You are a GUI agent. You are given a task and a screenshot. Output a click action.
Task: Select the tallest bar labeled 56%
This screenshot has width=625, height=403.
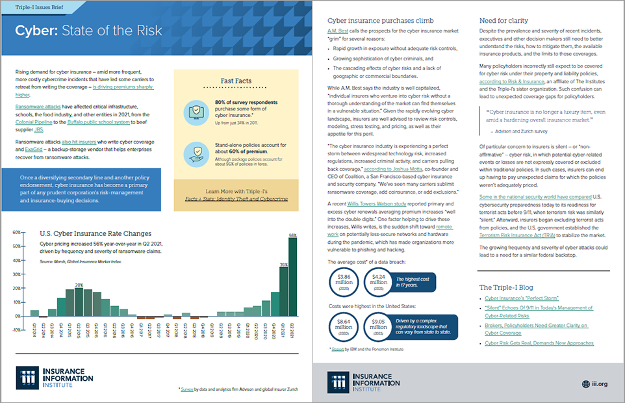[293, 276]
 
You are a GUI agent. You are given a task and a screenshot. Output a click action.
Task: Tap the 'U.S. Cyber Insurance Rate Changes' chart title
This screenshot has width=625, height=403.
[96, 233]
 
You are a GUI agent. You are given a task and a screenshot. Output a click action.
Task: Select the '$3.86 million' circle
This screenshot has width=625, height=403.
[345, 282]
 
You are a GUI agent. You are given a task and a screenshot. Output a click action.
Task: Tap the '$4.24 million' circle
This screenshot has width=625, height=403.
[381, 282]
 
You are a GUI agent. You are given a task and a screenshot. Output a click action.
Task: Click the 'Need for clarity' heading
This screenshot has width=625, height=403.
[504, 20]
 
